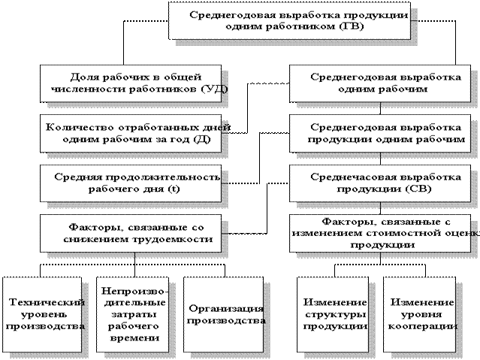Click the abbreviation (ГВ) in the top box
point(352,26)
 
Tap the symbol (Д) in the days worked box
point(202,139)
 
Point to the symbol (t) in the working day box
point(174,189)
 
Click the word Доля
point(84,77)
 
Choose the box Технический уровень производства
point(42,315)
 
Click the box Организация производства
point(223,315)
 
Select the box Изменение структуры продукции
point(333,315)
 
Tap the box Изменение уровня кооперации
point(420,315)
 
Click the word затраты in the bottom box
point(134,315)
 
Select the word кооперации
point(423,327)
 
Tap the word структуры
point(336,315)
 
